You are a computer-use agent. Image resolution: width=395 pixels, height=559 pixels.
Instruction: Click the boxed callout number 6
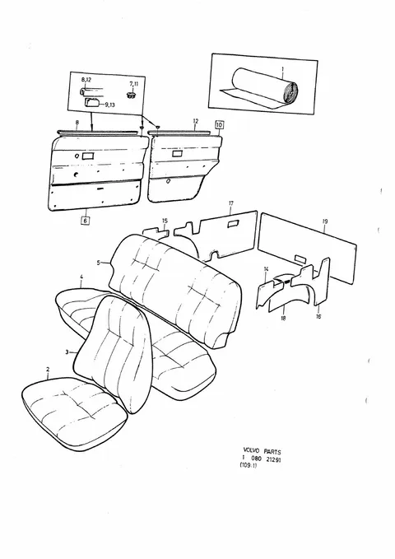(x=85, y=221)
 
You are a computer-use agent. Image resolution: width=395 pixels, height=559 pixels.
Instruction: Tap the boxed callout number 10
(x=219, y=125)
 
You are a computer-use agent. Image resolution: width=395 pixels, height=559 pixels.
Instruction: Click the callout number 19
(x=324, y=221)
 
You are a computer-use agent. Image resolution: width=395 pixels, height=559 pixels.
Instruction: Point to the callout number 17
(x=231, y=203)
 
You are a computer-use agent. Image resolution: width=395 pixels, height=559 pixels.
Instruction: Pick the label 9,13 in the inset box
(x=109, y=105)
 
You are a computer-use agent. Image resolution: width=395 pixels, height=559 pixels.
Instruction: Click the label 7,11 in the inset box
(x=133, y=83)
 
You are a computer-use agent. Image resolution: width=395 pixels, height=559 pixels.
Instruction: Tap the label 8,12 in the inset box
(x=86, y=80)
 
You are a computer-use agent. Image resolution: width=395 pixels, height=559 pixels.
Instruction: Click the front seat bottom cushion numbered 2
(x=74, y=412)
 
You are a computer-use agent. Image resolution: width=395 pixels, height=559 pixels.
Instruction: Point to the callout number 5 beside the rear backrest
(x=99, y=263)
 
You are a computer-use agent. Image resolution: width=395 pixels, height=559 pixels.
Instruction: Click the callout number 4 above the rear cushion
(x=81, y=277)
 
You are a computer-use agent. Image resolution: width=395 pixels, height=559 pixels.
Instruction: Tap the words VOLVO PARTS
(x=262, y=452)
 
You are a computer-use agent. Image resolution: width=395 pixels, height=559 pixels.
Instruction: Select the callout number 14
(x=266, y=269)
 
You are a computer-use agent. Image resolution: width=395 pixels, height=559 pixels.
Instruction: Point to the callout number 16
(x=318, y=316)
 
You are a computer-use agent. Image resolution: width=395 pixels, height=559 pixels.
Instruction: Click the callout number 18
(x=283, y=318)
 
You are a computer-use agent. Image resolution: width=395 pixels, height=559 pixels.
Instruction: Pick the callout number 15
(x=165, y=221)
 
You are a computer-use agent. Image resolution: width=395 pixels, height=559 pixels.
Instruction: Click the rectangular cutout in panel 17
(x=234, y=223)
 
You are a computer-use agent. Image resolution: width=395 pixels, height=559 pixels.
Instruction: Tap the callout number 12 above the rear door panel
(x=195, y=121)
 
